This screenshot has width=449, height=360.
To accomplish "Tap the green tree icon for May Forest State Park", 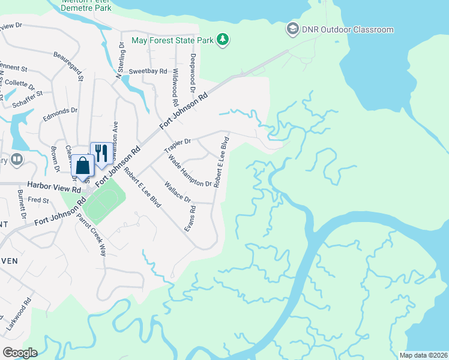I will (x=223, y=40).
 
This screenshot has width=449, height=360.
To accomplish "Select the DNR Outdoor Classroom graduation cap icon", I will (x=292, y=29).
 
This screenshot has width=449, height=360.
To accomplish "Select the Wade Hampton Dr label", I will (x=190, y=171).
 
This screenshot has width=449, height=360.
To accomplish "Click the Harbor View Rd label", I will (x=55, y=188).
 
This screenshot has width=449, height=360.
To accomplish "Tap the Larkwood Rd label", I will (x=26, y=311).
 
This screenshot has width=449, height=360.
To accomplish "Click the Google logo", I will (x=19, y=352).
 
